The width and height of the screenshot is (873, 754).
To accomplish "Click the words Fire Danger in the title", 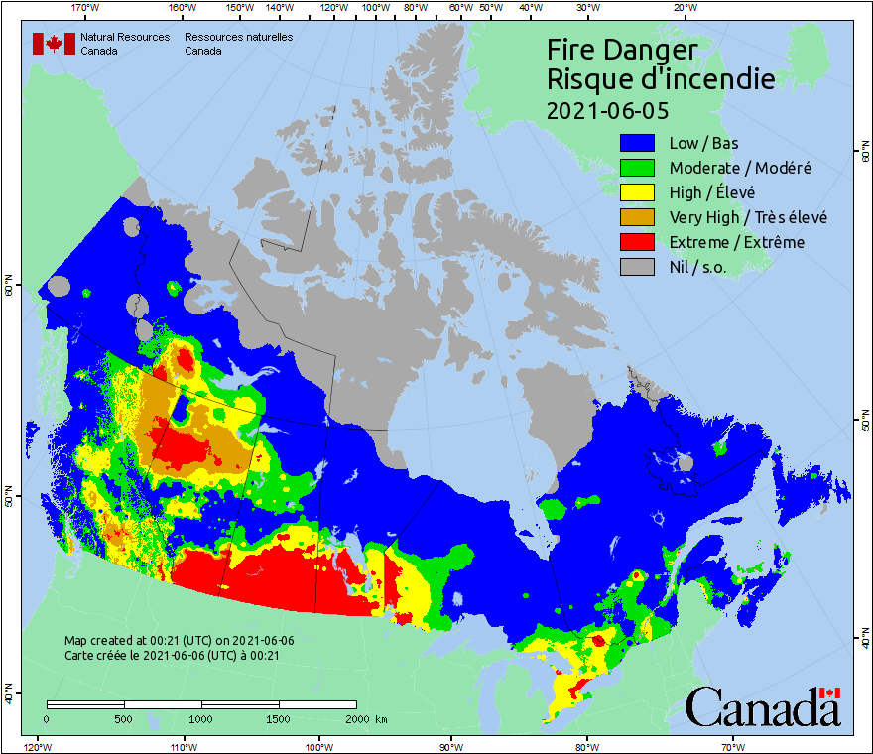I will (x=622, y=50).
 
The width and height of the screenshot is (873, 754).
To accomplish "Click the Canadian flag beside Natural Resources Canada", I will (x=54, y=44).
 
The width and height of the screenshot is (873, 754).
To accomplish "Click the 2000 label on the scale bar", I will (x=356, y=719).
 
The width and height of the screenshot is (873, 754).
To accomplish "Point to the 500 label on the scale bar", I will (x=124, y=719).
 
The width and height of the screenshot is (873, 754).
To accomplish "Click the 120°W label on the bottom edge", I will (x=37, y=746).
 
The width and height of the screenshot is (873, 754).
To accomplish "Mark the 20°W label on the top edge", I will (x=683, y=8).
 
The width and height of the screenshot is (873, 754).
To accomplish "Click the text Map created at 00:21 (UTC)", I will (x=179, y=640).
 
